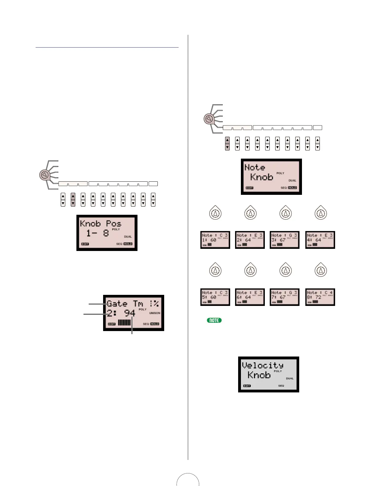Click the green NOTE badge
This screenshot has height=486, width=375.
214,320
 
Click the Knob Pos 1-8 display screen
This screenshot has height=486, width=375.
107,233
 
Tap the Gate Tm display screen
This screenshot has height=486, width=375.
133,313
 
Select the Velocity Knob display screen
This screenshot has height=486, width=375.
269,374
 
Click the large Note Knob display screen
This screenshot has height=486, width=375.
271,176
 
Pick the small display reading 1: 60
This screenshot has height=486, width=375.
215,240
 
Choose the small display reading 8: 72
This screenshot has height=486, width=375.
320,297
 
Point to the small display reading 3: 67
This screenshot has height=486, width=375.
284,240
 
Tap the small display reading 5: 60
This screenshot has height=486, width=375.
215,297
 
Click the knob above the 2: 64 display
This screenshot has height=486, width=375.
251,213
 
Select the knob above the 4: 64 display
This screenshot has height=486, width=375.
321,213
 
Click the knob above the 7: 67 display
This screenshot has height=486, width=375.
286,270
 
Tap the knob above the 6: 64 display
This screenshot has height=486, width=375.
251,270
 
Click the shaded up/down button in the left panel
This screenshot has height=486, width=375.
73,199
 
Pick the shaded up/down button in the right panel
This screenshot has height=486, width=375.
227,143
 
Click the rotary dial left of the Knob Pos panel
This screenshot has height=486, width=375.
44,175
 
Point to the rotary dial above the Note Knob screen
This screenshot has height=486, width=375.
209,119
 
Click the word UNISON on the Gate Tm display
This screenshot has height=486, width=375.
155,313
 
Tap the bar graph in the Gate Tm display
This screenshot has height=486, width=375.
124,322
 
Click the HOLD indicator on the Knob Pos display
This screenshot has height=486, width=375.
128,244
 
